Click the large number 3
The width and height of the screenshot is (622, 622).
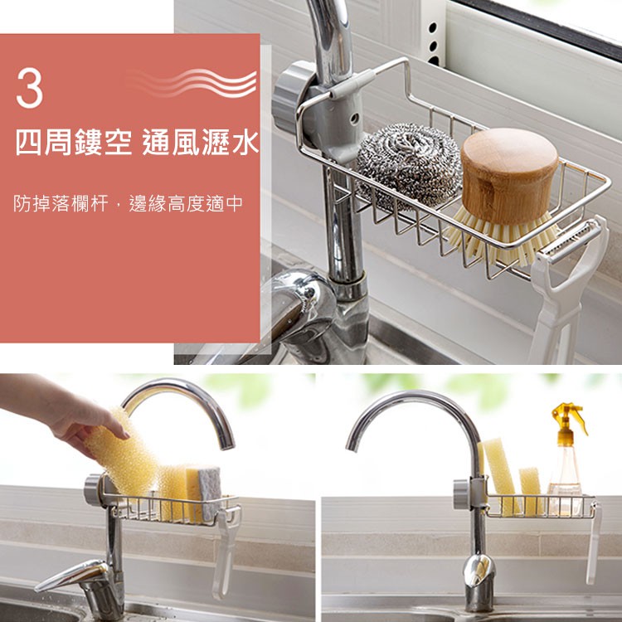point(29,87)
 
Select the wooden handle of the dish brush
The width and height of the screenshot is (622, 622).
point(509,174)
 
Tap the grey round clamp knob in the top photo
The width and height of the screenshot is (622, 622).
point(291,98)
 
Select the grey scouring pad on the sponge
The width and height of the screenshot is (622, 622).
point(209,493)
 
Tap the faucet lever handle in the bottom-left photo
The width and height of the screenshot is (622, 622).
point(71,576)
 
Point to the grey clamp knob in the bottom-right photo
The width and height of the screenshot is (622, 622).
point(462,494)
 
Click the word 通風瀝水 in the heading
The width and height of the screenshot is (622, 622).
point(201,143)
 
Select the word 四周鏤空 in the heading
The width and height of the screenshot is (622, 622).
point(74,143)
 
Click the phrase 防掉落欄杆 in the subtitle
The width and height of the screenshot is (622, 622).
point(61,203)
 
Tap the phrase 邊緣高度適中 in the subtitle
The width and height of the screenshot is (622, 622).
point(186,203)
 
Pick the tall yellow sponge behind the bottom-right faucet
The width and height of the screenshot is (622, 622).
point(501,476)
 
